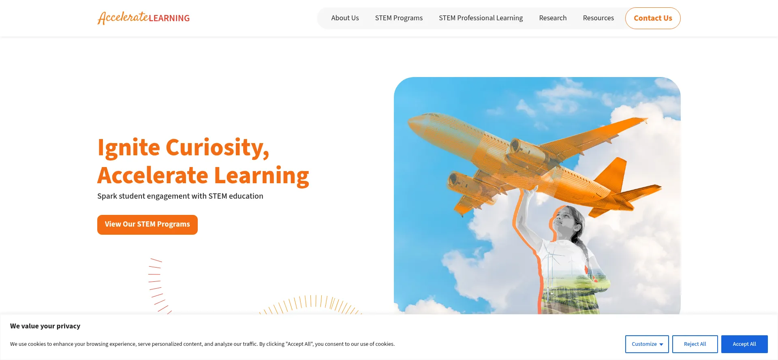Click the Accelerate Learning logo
[x=143, y=18]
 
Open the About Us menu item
[x=345, y=18]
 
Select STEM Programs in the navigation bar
[x=399, y=18]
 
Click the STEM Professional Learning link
[x=481, y=18]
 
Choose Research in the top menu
[x=553, y=18]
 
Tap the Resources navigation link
[x=598, y=18]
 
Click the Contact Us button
[x=653, y=18]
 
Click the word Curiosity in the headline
[x=218, y=148]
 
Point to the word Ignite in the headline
[x=129, y=148]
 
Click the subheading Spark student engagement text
[x=180, y=196]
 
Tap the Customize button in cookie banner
[x=647, y=344]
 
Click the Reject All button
[x=695, y=344]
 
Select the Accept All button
[x=744, y=344]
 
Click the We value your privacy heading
[x=45, y=326]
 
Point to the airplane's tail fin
[x=611, y=174]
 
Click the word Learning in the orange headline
[x=261, y=176]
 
